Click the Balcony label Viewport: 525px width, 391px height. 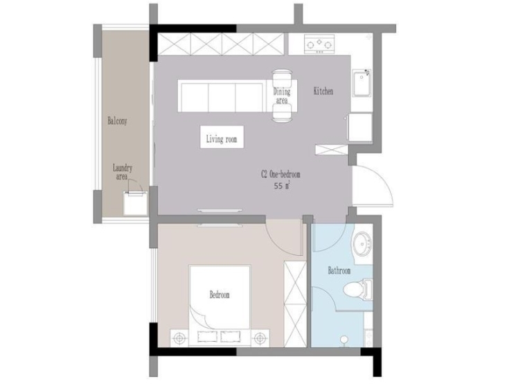[x=117, y=121]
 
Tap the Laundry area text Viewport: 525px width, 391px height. [x=123, y=172]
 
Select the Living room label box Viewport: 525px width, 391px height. [x=222, y=137]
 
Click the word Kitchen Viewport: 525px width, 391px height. [x=323, y=91]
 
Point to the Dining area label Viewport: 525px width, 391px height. [x=282, y=96]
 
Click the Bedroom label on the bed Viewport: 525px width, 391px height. [x=220, y=295]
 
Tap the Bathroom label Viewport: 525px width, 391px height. [x=339, y=270]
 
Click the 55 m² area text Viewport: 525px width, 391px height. [x=282, y=186]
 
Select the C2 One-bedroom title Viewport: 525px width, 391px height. [x=281, y=175]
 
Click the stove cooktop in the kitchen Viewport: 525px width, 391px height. [x=319, y=44]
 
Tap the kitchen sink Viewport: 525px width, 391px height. [x=362, y=83]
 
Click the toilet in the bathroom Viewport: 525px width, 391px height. [x=357, y=289]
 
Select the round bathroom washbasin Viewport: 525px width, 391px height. [x=363, y=243]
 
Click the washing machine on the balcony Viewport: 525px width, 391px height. [x=135, y=203]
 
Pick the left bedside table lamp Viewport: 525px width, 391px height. [x=180, y=338]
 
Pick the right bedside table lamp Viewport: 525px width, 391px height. [x=260, y=338]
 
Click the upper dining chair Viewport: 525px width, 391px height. [x=282, y=78]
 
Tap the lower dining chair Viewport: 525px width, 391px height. [x=282, y=113]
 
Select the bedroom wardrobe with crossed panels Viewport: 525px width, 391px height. [x=295, y=304]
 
